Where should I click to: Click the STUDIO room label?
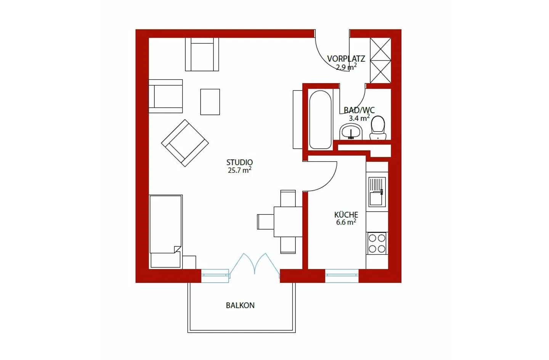pyautogui.click(x=239, y=162)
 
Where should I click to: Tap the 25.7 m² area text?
pyautogui.click(x=239, y=170)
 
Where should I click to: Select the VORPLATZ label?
pyautogui.click(x=346, y=59)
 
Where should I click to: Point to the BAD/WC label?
pyautogui.click(x=359, y=110)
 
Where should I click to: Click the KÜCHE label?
pyautogui.click(x=346, y=215)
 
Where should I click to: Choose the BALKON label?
pyautogui.click(x=240, y=305)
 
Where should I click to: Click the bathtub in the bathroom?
pyautogui.click(x=320, y=119)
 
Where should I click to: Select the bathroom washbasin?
pyautogui.click(x=351, y=132)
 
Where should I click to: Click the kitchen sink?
pyautogui.click(x=377, y=192)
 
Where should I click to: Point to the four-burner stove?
pyautogui.click(x=377, y=244)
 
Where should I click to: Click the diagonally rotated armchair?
pyautogui.click(x=185, y=143)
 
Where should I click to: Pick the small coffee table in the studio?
pyautogui.click(x=210, y=102)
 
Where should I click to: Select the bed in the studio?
pyautogui.click(x=165, y=231)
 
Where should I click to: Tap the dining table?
pyautogui.click(x=288, y=222)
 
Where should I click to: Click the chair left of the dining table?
pyautogui.click(x=265, y=222)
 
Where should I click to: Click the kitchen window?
pyautogui.click(x=342, y=276)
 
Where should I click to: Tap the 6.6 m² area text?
pyautogui.click(x=346, y=222)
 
